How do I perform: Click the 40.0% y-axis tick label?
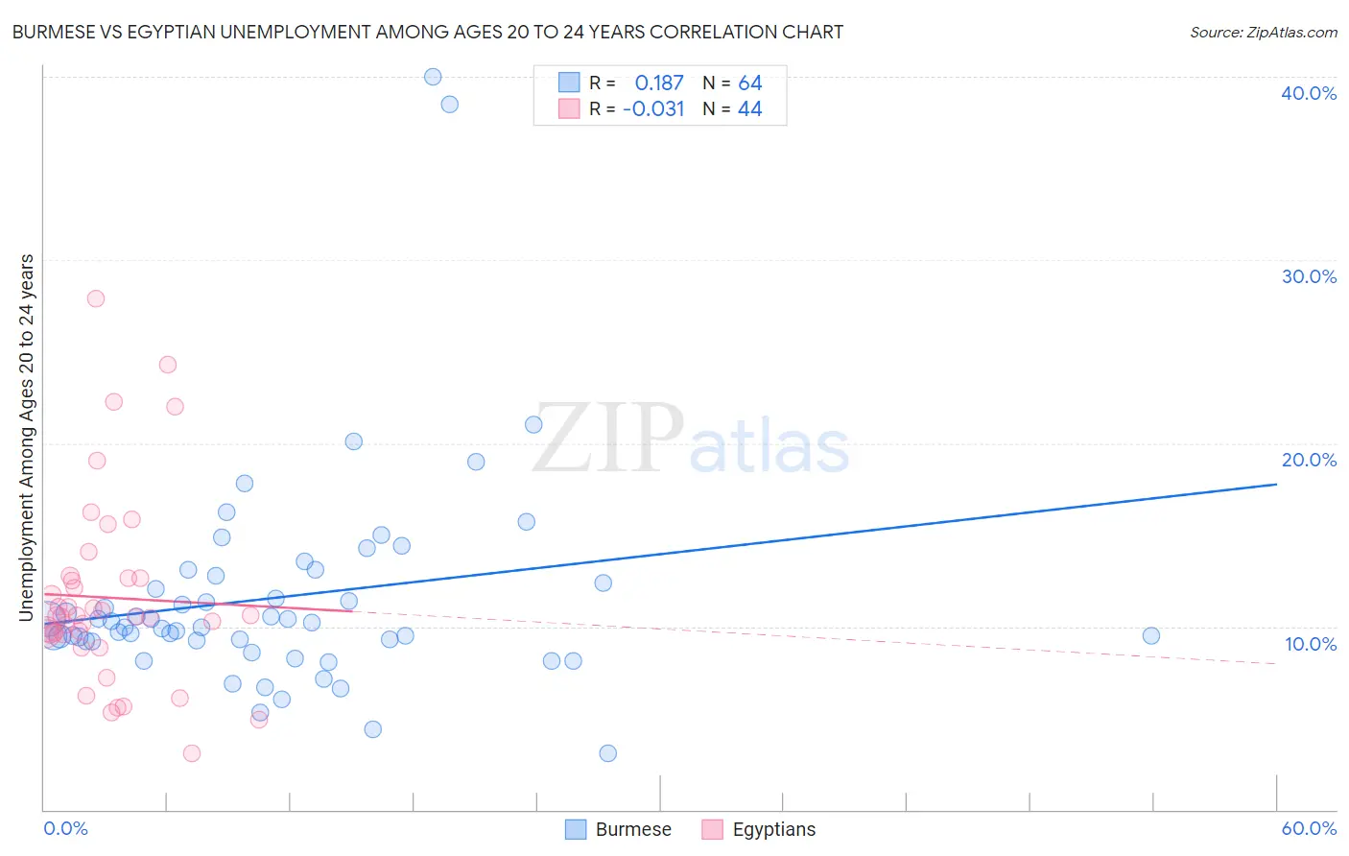click(1308, 93)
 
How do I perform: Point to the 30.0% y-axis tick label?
click(1308, 276)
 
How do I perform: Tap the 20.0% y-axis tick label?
click(1308, 460)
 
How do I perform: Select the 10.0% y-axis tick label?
click(1310, 644)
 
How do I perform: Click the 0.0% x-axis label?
click(65, 828)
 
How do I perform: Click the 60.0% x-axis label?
click(1308, 828)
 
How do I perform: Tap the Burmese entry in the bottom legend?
click(619, 829)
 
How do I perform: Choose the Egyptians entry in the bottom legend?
click(759, 829)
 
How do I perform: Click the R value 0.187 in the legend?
click(659, 83)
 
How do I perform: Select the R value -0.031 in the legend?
click(653, 109)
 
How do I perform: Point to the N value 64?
click(749, 83)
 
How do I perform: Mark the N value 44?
click(749, 109)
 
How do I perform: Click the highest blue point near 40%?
click(433, 77)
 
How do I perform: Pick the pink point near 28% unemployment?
click(96, 298)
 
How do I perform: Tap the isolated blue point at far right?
click(1151, 635)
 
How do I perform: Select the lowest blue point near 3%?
click(607, 753)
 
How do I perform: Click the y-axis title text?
click(26, 438)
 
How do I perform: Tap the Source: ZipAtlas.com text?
click(1263, 33)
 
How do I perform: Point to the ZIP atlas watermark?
click(691, 440)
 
